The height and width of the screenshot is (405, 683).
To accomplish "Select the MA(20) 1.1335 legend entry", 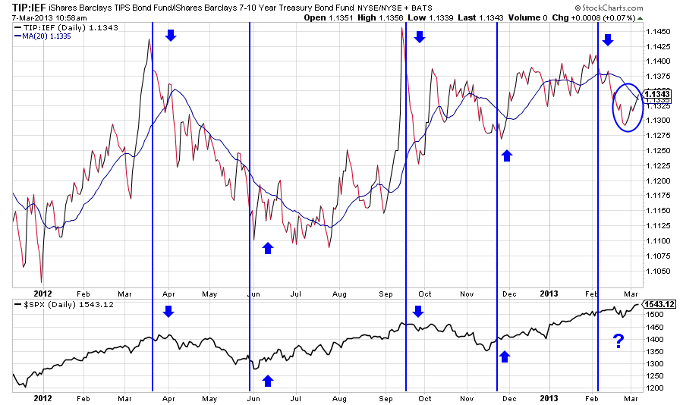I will pyautogui.click(x=42, y=36).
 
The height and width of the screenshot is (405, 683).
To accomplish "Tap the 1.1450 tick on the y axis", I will pyautogui.click(x=657, y=31).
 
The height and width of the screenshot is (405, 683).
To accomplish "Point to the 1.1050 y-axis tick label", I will pyautogui.click(x=657, y=271).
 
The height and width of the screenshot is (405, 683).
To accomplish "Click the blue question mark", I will pyautogui.click(x=618, y=342).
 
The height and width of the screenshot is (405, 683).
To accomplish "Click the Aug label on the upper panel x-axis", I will pyautogui.click(x=338, y=292).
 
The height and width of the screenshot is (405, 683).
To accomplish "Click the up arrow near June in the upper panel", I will pyautogui.click(x=267, y=247).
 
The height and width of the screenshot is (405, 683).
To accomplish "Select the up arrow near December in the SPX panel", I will pyautogui.click(x=505, y=355).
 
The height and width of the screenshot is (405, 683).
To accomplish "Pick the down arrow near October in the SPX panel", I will pyautogui.click(x=417, y=311).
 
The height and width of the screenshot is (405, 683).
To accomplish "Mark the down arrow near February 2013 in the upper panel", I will pyautogui.click(x=607, y=39).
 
